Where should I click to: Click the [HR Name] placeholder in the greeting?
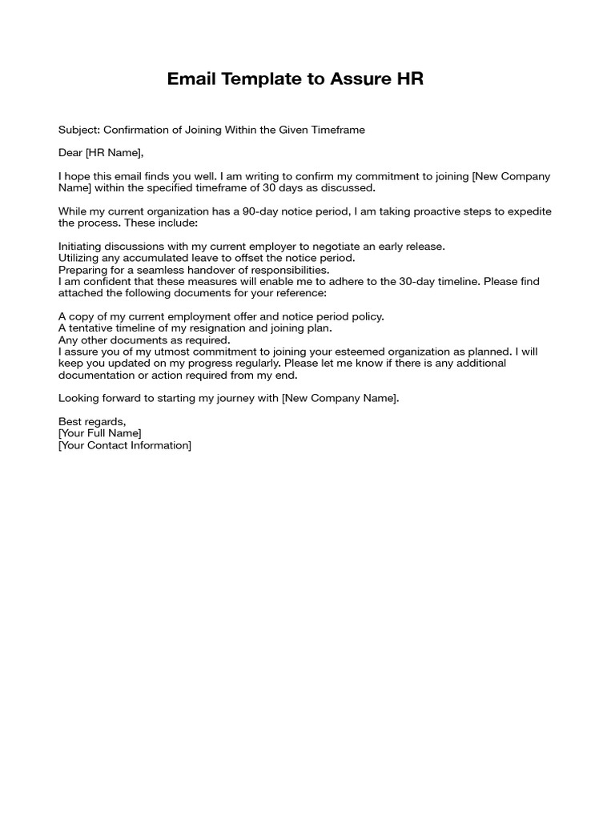pos(115,153)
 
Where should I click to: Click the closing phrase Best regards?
pos(92,422)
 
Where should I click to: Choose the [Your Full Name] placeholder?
pos(99,433)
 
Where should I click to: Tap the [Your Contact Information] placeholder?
pos(125,445)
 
